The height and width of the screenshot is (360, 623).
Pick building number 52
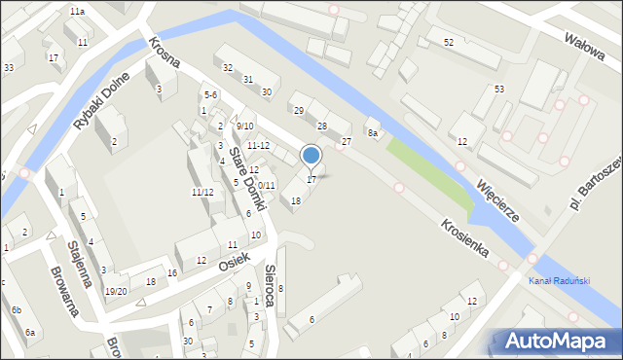click(x=448, y=43)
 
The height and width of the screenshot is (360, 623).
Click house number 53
click(x=499, y=90)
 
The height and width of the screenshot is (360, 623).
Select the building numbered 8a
click(x=372, y=132)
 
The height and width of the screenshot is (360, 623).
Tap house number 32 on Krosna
click(x=228, y=68)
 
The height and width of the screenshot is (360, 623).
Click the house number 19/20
click(x=116, y=291)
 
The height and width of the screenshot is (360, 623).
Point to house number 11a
click(x=77, y=11)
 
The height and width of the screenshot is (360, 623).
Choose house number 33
click(x=8, y=67)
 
